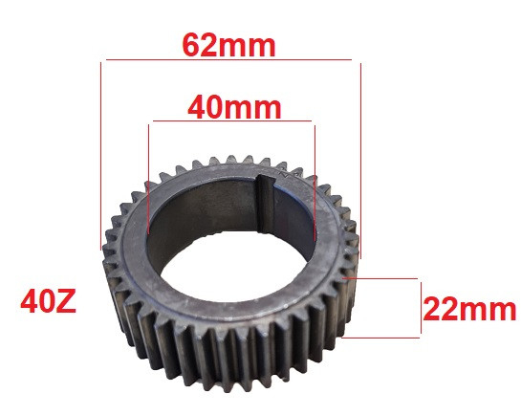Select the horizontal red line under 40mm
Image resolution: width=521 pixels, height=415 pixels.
(232, 121)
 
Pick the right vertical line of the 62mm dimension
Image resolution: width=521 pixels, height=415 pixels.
(358, 153)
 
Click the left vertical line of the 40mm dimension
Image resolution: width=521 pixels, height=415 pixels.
(149, 177)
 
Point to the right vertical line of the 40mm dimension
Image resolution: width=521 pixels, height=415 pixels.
(314, 177)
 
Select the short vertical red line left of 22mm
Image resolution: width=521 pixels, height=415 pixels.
(419, 308)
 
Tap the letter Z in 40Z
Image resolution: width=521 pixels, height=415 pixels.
(65, 305)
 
